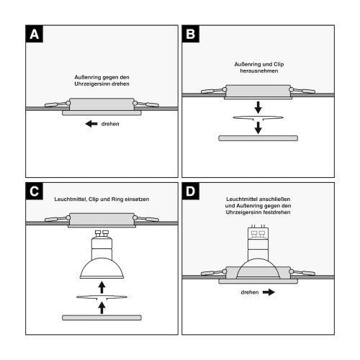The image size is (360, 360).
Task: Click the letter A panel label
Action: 35,34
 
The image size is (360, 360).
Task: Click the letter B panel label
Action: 191,34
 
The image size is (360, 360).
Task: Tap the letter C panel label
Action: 35,192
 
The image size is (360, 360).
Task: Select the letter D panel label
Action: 191,192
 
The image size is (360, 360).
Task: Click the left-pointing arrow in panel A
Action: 91,124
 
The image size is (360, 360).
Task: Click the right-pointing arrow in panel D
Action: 269,292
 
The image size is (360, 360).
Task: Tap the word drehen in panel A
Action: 110,124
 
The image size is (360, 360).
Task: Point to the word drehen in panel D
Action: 250,292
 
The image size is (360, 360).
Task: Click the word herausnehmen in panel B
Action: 259,71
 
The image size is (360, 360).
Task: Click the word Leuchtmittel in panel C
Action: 71,199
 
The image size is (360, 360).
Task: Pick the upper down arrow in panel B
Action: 258,107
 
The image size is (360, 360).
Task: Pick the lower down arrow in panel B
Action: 258,127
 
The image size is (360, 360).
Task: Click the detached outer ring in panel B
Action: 258,138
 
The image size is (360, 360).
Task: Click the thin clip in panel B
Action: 258,118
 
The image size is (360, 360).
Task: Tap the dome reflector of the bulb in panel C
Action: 102,269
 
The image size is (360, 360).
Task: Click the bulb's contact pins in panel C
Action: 102,233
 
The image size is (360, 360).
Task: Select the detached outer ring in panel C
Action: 102,318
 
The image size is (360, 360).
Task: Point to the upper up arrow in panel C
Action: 102,287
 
